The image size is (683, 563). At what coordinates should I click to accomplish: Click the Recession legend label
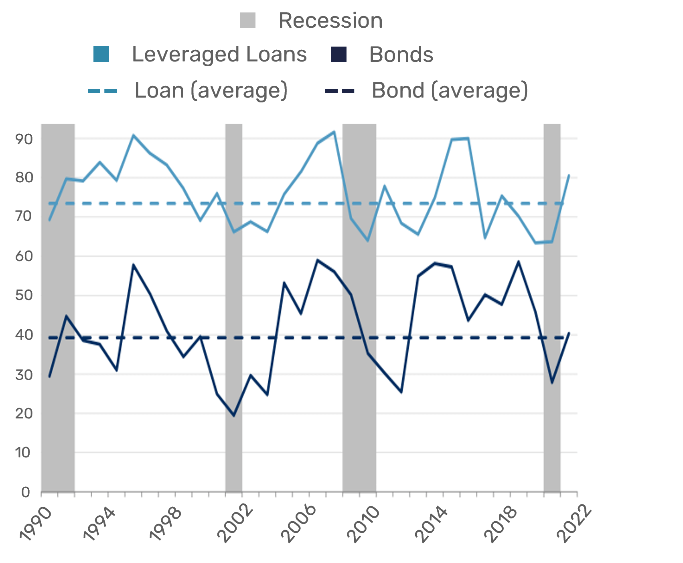[330, 20]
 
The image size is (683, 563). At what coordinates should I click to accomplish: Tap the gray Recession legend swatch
[247, 20]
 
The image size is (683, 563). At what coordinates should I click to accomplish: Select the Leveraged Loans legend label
[219, 55]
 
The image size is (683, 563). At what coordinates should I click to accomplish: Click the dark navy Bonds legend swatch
[338, 55]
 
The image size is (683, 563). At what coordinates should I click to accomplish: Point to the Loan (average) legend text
[211, 90]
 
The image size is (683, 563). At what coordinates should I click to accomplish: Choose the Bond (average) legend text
[449, 90]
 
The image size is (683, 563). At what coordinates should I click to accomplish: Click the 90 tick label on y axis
[24, 139]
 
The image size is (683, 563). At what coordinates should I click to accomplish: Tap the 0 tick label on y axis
[26, 492]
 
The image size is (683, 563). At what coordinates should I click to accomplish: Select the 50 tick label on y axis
[24, 296]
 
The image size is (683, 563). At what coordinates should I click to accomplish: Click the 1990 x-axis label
[36, 524]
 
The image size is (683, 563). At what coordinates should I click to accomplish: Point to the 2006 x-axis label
[299, 524]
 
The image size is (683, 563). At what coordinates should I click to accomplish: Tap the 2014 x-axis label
[431, 524]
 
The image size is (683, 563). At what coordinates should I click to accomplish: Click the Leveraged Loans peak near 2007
[334, 132]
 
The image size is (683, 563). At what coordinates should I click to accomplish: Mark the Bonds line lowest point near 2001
[234, 416]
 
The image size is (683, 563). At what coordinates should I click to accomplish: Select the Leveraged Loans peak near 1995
[133, 135]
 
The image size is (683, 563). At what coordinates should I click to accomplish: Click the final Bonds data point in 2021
[569, 333]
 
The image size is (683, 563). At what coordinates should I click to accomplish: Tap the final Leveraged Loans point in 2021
[569, 175]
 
